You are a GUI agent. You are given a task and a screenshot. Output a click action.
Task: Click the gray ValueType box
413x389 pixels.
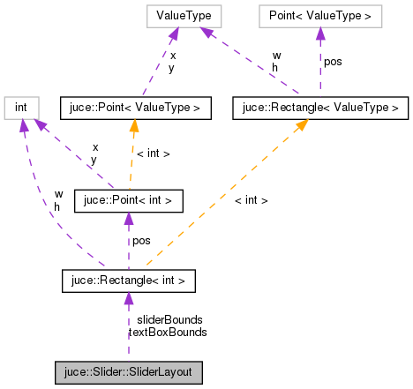coord(184,16)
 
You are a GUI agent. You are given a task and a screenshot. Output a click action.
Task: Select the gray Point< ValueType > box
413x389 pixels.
coord(319,16)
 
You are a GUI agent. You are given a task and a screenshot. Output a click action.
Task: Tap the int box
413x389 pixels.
coord(20,108)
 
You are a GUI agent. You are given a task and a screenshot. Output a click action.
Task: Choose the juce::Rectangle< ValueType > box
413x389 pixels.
coord(319,108)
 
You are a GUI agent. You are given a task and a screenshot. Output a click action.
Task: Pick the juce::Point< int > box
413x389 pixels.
coord(129,201)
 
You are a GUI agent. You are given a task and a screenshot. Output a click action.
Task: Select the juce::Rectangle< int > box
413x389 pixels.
coord(129,281)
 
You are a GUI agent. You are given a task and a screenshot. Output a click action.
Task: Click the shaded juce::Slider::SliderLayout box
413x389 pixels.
coord(129,372)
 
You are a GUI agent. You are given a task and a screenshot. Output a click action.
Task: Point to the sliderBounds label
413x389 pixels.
coord(169,319)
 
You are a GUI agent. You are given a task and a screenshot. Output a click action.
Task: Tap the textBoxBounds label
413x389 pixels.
coord(168,333)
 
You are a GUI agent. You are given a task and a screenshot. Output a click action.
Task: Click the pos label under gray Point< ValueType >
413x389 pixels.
coord(333,62)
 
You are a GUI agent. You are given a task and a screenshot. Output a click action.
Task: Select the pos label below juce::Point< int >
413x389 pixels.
coord(141,241)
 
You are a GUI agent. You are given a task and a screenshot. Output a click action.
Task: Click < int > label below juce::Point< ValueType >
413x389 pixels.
coord(153,153)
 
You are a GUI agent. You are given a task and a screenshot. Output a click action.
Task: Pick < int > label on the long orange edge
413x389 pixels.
coord(252,200)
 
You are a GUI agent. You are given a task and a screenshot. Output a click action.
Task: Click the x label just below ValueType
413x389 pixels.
coord(172,56)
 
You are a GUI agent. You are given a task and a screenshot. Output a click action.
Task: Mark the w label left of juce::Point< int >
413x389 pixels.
coord(58,193)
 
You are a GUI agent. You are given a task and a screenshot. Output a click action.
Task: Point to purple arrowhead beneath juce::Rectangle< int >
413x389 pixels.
coord(129,299)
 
